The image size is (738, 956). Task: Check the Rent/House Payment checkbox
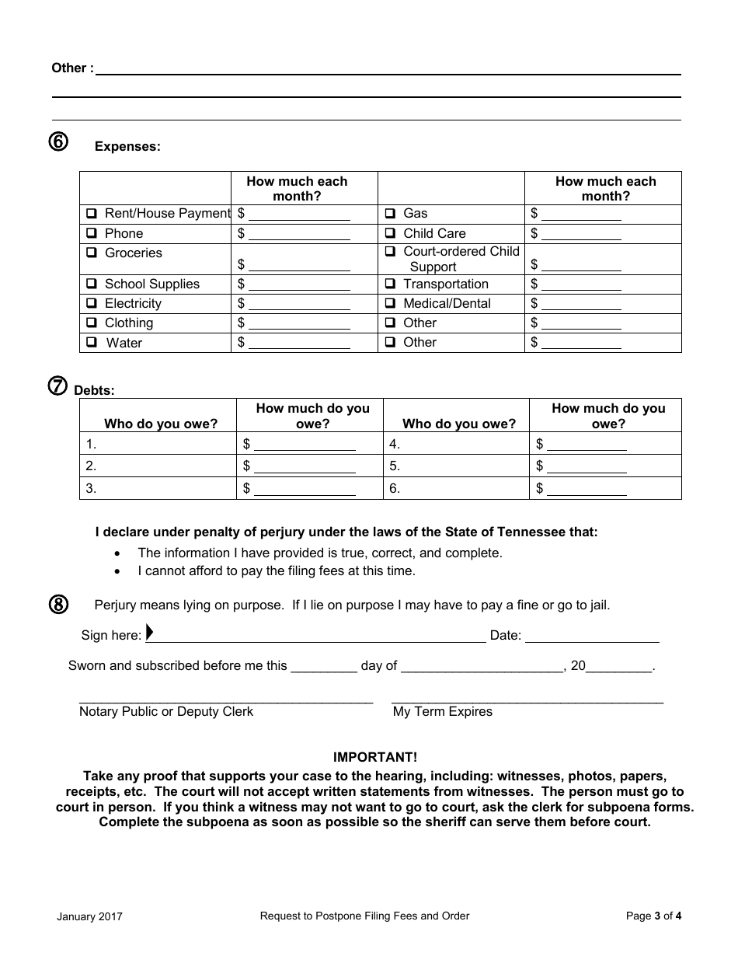92,214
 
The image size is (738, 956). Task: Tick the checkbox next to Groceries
92,253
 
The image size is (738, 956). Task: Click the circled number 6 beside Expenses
59,142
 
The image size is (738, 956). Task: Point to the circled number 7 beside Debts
58,386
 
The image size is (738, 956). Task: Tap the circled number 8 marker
59,605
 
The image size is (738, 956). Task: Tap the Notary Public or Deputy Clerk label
166,712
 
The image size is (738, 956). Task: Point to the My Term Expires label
443,712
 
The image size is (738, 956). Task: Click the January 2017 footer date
89,917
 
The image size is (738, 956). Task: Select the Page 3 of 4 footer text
653,916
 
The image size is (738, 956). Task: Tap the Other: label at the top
72,68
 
